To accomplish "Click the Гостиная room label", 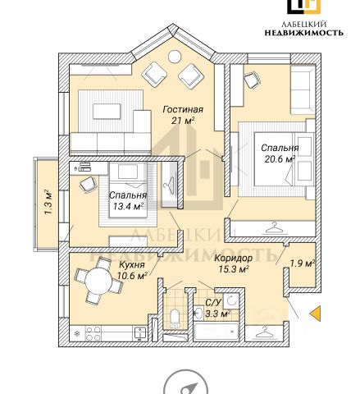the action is (183, 110).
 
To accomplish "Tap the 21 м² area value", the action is (183, 121).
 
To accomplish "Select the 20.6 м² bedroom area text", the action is (280, 159).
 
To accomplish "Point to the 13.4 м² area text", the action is (129, 206).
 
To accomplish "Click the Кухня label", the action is (132, 265).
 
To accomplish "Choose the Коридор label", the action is (233, 258).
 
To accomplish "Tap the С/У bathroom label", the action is (212, 303).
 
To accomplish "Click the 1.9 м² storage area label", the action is (302, 263).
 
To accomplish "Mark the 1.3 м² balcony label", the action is (48, 202).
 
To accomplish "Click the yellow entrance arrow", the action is (315, 314).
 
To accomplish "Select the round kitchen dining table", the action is (98, 281).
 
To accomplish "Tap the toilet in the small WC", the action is (175, 318).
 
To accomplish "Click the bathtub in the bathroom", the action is (216, 332).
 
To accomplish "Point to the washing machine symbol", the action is (231, 300).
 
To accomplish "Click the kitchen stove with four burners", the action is (93, 334).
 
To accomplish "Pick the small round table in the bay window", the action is (175, 57).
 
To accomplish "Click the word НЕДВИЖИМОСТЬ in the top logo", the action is (304, 33).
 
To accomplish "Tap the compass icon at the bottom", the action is (185, 383).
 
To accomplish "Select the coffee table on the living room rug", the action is (107, 112).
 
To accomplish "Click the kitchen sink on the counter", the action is (140, 333).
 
